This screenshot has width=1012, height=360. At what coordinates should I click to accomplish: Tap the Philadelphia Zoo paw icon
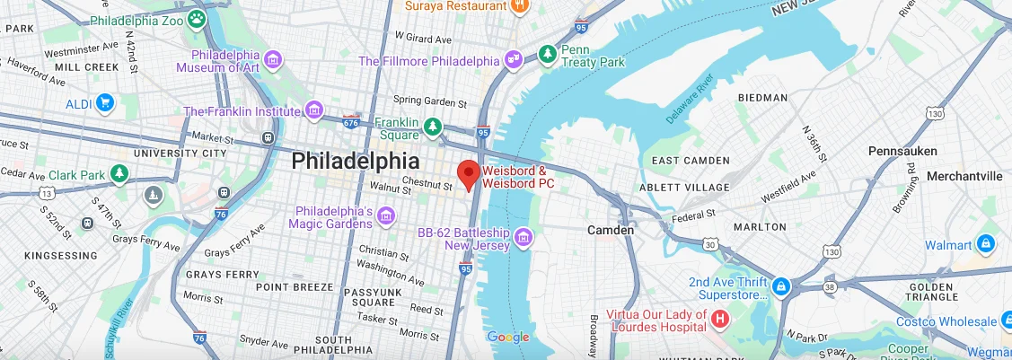tap(195, 17)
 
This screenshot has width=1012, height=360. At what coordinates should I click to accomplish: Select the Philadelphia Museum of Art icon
tap(274, 60)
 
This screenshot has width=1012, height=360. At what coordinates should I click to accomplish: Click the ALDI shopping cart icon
tap(105, 103)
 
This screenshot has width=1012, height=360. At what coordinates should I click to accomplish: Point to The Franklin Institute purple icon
tap(313, 110)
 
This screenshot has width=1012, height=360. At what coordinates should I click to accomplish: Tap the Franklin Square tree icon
tap(433, 127)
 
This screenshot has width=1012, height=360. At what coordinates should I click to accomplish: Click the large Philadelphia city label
tap(355, 161)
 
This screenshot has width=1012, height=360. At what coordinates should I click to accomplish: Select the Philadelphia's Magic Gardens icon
tap(386, 215)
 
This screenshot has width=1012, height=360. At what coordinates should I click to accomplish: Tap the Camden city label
tap(611, 230)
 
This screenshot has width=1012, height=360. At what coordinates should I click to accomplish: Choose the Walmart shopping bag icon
tap(985, 244)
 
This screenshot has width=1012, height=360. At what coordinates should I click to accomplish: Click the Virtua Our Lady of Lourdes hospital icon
tap(719, 319)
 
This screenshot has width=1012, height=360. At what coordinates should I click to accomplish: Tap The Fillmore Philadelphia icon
tap(514, 60)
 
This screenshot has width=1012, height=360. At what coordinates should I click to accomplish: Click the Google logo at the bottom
tap(507, 338)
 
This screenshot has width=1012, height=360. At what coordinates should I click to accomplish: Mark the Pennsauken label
tap(902, 151)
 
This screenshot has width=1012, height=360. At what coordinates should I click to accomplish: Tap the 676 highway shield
tap(350, 121)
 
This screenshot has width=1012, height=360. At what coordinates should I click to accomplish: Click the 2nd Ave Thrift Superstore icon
tap(781, 287)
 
